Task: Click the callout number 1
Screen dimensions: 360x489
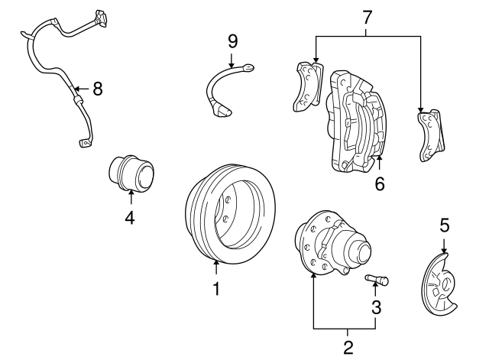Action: [216, 289]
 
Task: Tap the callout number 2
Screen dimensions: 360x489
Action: [348, 347]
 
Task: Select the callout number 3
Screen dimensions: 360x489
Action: [376, 307]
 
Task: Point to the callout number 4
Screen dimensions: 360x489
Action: [130, 218]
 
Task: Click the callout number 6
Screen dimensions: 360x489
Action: [380, 183]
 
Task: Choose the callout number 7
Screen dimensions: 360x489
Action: [368, 15]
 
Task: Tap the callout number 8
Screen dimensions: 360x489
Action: [97, 89]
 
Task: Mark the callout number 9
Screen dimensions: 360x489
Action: [233, 40]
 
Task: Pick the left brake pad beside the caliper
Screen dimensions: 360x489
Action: [308, 84]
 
